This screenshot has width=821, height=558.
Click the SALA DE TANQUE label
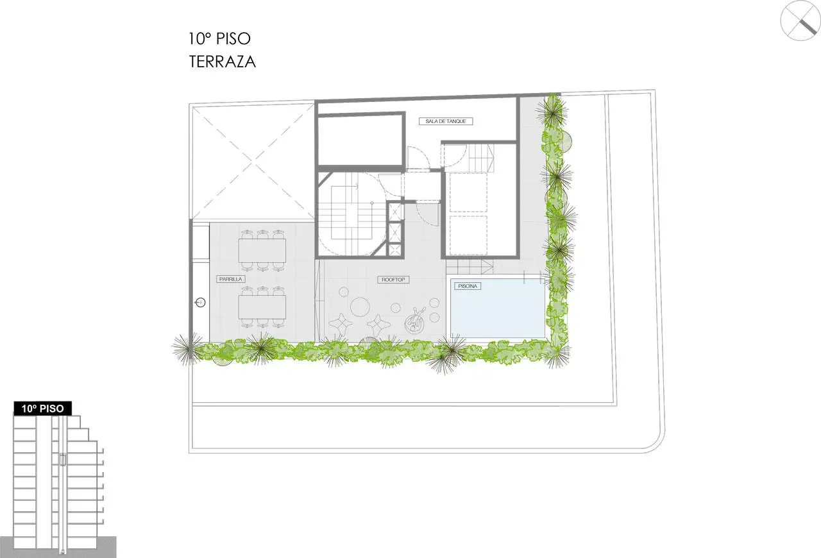tap(446, 121)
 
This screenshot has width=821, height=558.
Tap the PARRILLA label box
tap(230, 279)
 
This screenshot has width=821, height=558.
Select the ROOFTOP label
tap(393, 280)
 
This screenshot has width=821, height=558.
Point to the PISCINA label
tap(468, 286)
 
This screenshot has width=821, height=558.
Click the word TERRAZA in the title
tap(222, 62)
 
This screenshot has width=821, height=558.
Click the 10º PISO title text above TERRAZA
tap(219, 38)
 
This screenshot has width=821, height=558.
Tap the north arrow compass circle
tap(800, 20)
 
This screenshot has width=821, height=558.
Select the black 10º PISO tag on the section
tap(42, 409)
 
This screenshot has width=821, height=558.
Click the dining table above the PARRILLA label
tap(262, 250)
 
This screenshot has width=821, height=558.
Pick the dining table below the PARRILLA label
tap(262, 307)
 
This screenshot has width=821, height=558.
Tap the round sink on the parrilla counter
tap(200, 303)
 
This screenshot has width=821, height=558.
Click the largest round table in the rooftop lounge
tap(360, 307)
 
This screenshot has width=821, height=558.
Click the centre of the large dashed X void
tap(252, 162)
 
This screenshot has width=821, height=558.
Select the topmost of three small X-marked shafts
tap(395, 212)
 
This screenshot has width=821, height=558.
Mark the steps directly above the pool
tap(470, 267)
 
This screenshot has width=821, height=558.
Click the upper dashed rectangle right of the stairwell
tap(468, 192)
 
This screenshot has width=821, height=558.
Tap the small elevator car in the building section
tap(63, 459)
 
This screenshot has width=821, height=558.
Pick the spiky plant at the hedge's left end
tap(188, 348)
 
